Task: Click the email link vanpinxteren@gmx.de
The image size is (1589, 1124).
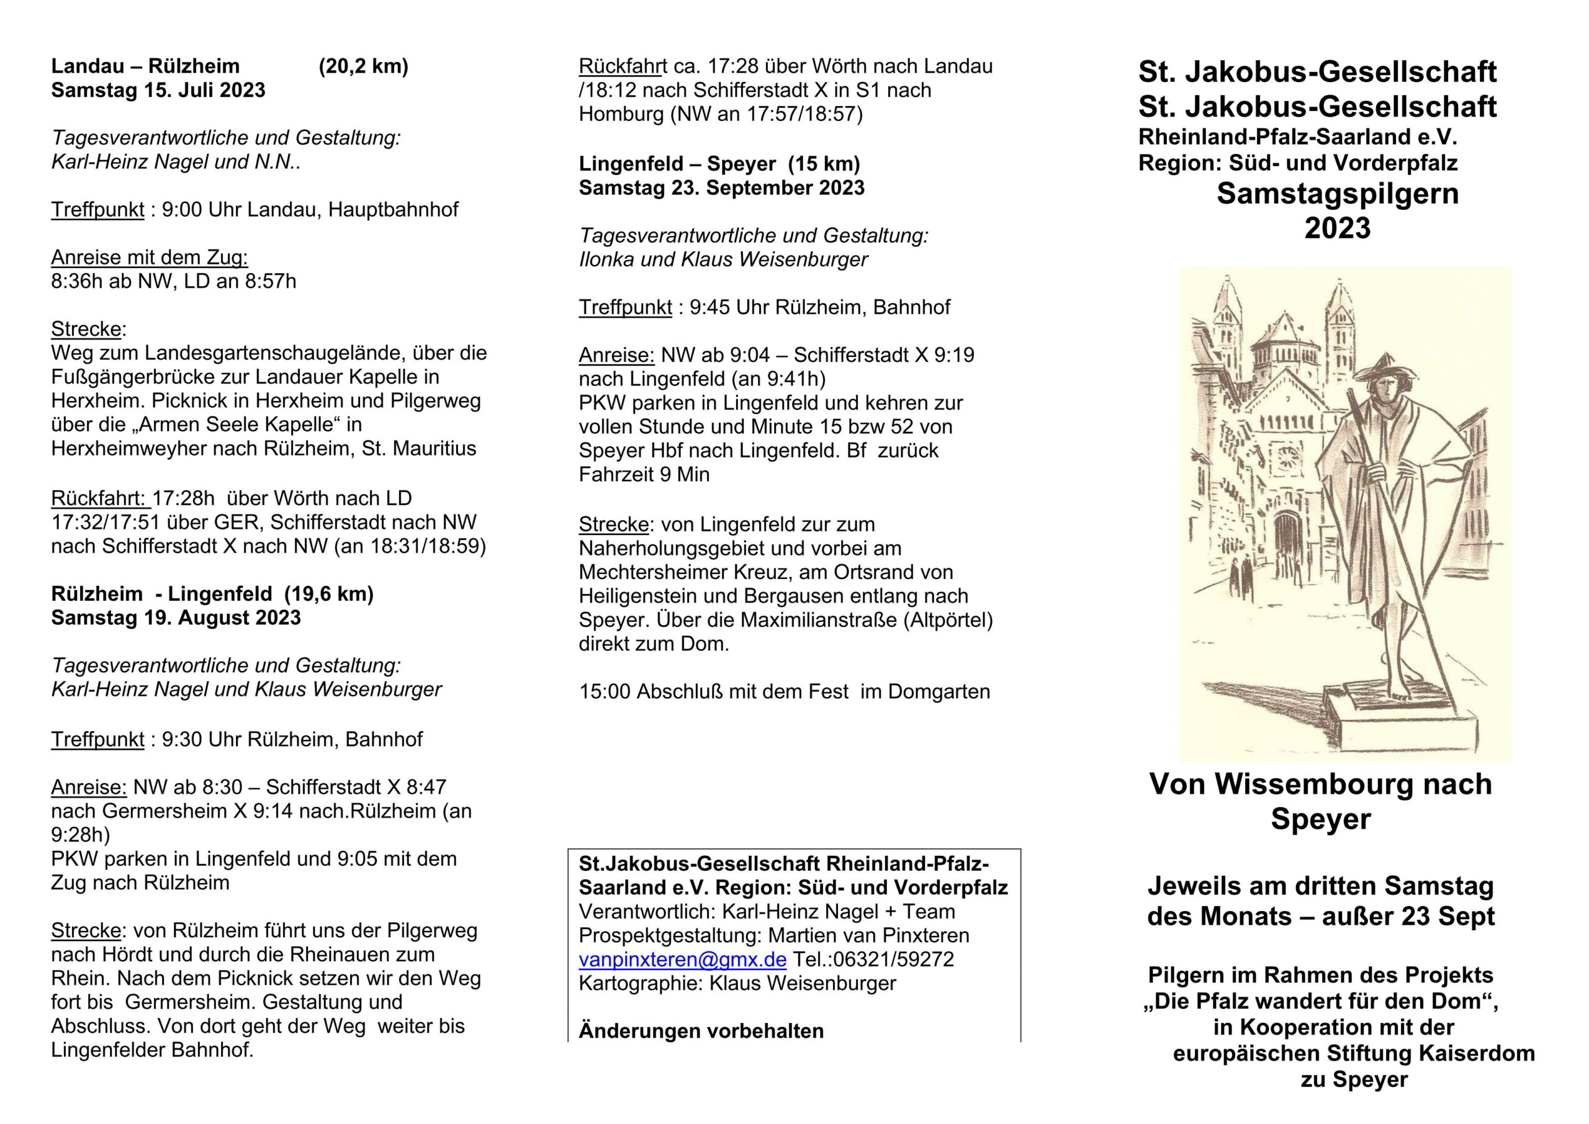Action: (682, 960)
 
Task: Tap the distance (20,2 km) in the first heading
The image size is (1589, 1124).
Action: (363, 66)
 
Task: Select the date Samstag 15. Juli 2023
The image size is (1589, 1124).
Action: (158, 90)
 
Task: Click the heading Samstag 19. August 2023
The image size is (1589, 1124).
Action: (176, 618)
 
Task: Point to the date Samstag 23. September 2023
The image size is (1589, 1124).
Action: (722, 187)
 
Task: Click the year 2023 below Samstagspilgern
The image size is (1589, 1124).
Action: (1337, 228)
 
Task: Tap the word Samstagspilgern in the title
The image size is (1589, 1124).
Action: (1337, 194)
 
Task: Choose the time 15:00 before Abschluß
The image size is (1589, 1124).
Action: (604, 691)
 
